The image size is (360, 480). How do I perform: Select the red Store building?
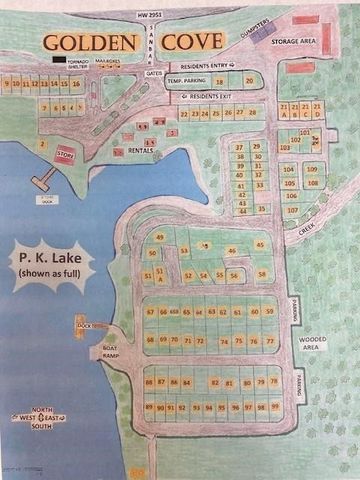pos(65,154)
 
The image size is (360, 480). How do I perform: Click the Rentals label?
pos(141,150)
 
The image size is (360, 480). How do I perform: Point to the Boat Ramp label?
pos(110,351)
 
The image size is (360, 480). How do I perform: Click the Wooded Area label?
pos(311,343)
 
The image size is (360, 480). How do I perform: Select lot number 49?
pos(159,237)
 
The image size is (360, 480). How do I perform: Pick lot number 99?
pos(274,407)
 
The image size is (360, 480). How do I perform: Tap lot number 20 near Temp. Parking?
pos(249,79)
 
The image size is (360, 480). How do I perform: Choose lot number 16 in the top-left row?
pos(75,84)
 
